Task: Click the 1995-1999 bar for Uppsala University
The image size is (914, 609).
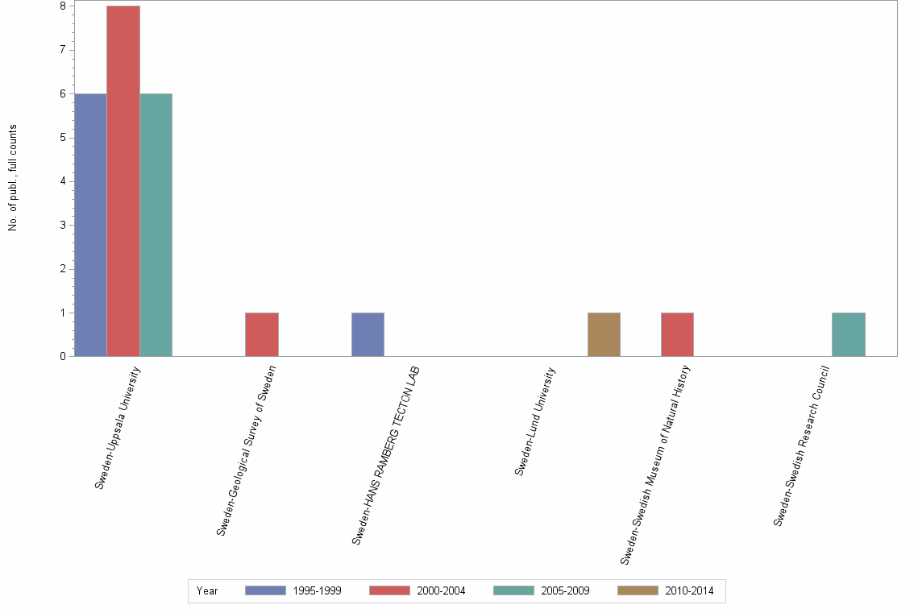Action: pos(89,225)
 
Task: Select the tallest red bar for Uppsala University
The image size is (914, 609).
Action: pos(123,181)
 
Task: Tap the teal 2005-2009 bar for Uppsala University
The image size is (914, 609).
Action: pos(156,225)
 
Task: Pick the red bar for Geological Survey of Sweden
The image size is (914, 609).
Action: pos(262,334)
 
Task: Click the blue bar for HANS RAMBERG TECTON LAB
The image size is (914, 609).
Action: pos(368,334)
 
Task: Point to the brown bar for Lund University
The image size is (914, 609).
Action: pos(604,334)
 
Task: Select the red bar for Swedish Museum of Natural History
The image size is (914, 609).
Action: pos(677,334)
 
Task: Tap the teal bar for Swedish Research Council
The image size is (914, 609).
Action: pos(849,334)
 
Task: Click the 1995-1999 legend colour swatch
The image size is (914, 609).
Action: pos(265,590)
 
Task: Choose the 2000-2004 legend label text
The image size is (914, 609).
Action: pos(441,590)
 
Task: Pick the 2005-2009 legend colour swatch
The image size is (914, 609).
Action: pos(513,590)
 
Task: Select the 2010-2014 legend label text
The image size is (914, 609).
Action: pos(689,590)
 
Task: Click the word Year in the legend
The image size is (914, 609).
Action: pos(207,590)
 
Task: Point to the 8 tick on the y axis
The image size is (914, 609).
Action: pos(62,6)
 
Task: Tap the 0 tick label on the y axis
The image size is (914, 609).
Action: pos(62,356)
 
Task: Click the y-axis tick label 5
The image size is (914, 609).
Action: pos(62,138)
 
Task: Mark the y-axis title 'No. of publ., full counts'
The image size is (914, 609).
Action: pos(13,178)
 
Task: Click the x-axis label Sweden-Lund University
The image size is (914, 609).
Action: pos(535,421)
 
